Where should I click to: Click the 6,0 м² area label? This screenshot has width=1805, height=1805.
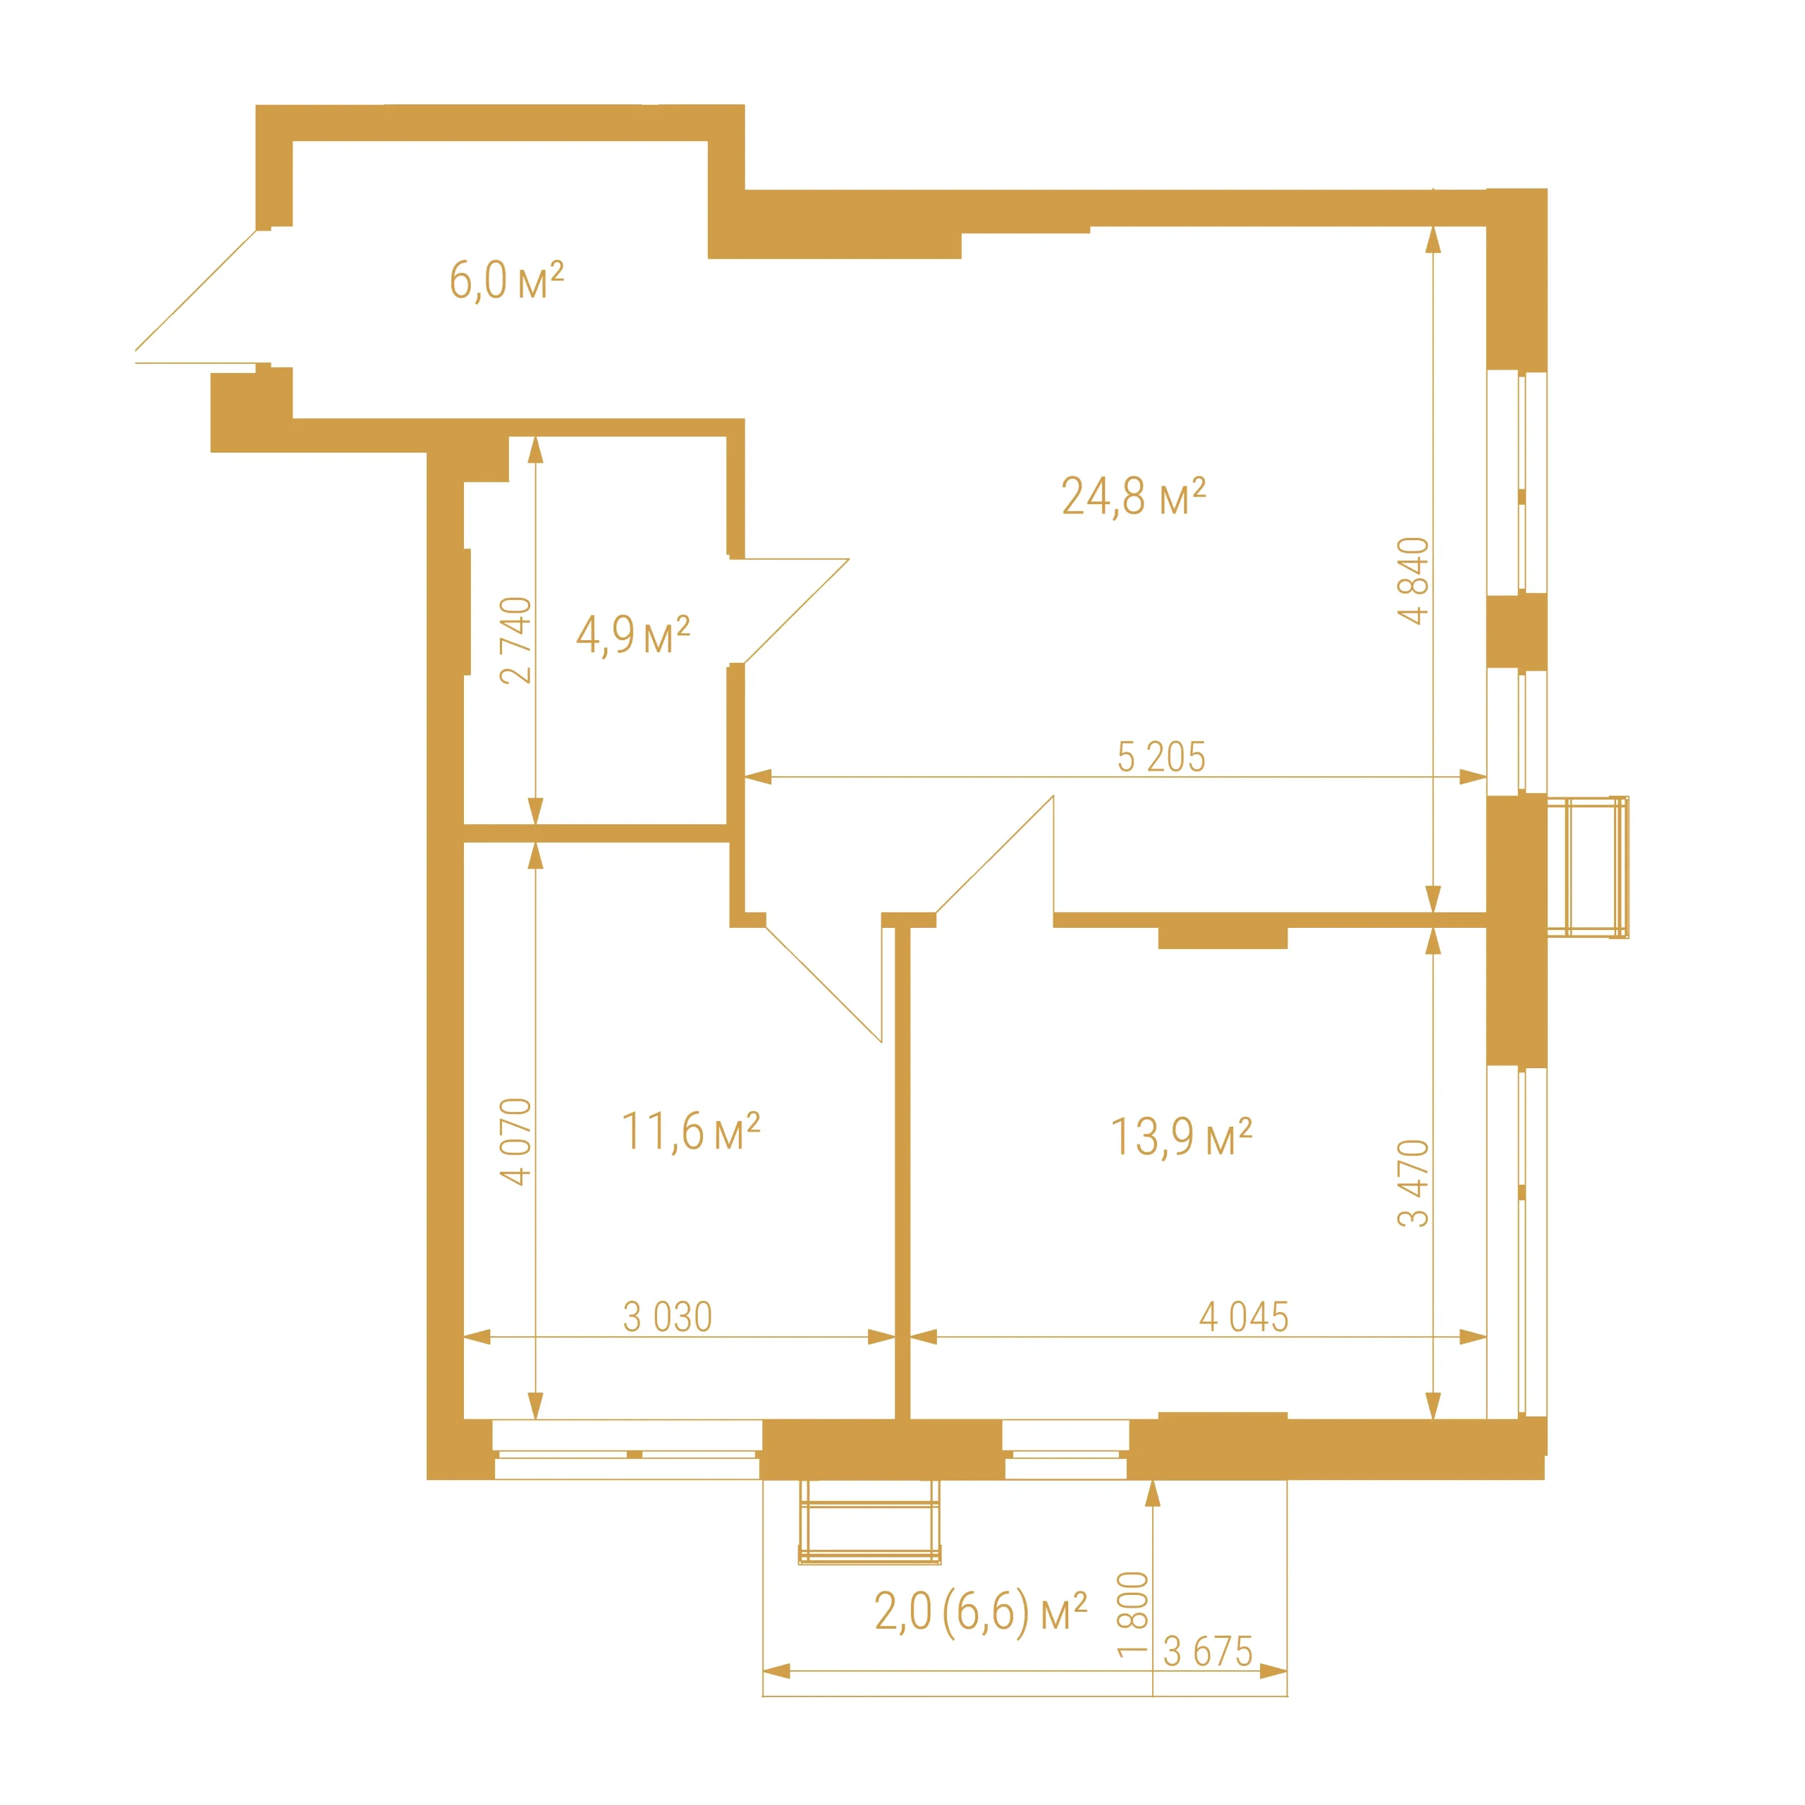(x=506, y=281)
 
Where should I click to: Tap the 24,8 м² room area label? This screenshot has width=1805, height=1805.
(x=1133, y=496)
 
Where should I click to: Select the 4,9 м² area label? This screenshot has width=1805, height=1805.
(x=632, y=635)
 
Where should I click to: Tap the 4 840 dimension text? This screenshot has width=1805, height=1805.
(x=1414, y=580)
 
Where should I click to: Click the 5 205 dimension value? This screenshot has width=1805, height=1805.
(x=1161, y=757)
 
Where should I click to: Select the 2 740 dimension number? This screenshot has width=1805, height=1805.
(x=515, y=640)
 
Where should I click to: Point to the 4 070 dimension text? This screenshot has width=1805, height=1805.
(x=515, y=1142)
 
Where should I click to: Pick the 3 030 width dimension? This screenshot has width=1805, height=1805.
(x=668, y=1317)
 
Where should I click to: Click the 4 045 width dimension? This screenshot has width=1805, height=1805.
(x=1244, y=1317)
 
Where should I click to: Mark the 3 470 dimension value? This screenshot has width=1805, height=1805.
(x=1414, y=1183)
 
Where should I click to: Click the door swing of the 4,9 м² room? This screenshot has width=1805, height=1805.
(x=796, y=611)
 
